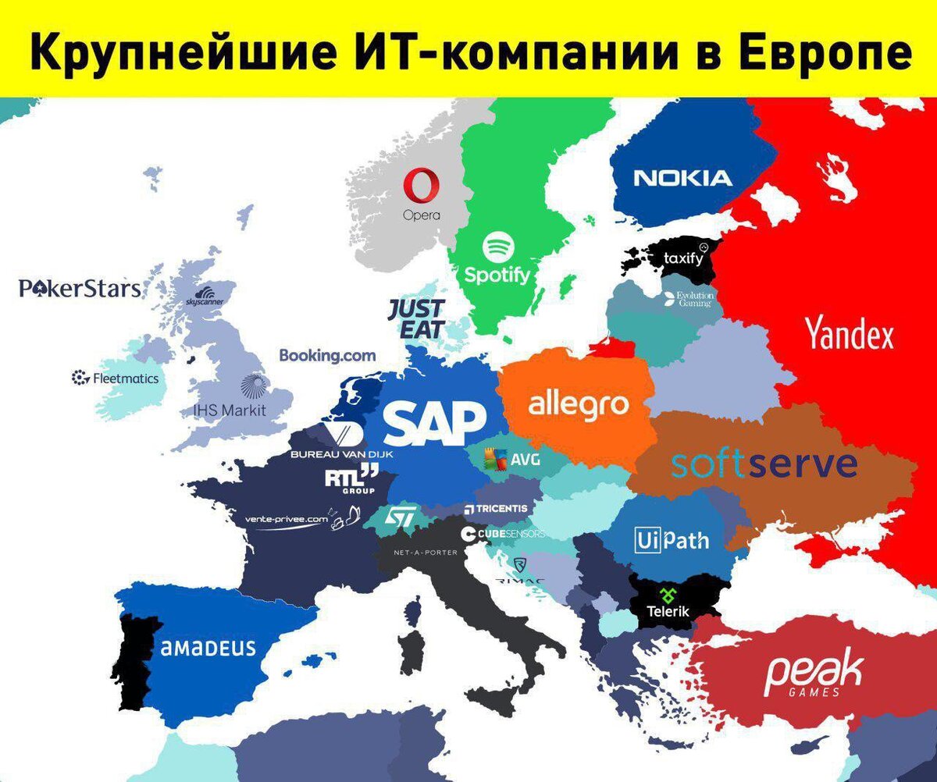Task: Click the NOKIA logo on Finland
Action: click(x=683, y=178)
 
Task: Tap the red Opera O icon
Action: click(x=422, y=188)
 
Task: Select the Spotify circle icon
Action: click(x=497, y=249)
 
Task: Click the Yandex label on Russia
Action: click(x=849, y=336)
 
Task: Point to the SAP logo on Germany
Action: click(x=435, y=423)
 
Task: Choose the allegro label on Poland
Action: click(x=579, y=405)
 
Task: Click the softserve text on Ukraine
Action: click(x=764, y=465)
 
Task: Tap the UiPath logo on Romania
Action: click(x=672, y=539)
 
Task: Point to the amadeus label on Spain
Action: click(x=208, y=648)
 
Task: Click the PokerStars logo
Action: click(x=80, y=290)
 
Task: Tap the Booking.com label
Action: click(x=327, y=356)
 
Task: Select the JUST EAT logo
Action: click(x=417, y=318)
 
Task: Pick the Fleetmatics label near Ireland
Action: click(x=115, y=379)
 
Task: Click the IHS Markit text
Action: click(x=230, y=410)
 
